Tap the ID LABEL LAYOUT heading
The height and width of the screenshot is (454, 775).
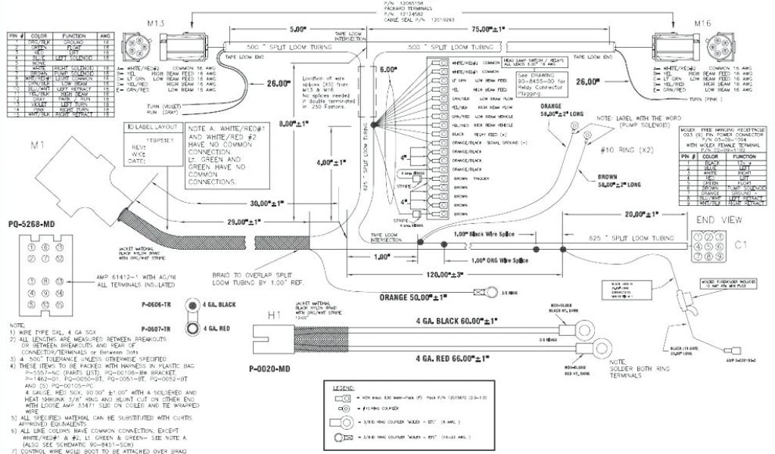(x=150, y=128)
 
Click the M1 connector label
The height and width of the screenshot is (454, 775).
(x=38, y=144)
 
